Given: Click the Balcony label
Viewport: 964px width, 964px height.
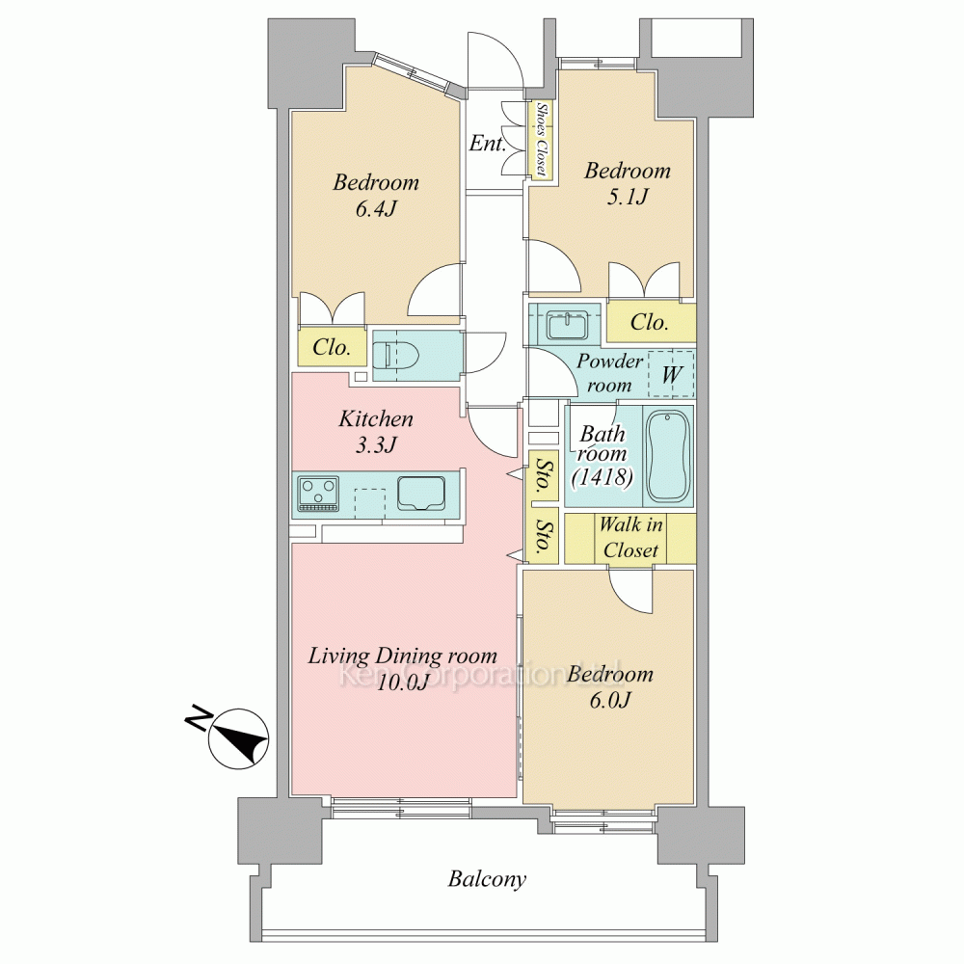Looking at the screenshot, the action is tap(487, 879).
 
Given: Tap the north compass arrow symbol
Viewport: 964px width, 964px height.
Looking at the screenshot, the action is tap(238, 738).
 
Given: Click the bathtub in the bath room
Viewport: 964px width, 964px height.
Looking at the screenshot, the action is tap(668, 456).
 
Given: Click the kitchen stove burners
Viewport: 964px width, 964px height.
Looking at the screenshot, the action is tap(318, 493).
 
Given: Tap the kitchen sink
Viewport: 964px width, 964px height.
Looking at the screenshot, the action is tap(422, 493).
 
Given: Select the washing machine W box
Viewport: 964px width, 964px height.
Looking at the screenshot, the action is tap(671, 374).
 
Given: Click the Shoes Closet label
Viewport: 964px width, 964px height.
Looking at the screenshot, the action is tap(542, 139).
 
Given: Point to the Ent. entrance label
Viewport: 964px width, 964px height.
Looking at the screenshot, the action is tap(488, 144).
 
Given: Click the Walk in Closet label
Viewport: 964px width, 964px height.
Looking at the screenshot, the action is tap(630, 537).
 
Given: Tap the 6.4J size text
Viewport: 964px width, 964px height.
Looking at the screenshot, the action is tap(376, 209).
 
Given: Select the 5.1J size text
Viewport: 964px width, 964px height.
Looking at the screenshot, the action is tap(628, 197).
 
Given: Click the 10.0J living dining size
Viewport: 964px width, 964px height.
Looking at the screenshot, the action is tap(402, 683).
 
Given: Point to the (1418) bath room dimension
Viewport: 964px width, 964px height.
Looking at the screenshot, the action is tap(602, 476).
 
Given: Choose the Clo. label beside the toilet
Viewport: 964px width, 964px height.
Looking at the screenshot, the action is tap(332, 347).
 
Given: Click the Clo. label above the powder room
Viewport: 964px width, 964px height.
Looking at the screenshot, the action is tap(649, 322).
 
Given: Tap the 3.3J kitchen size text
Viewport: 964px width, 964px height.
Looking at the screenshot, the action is tap(376, 444).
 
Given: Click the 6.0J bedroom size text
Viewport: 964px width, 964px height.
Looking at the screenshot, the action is tap(610, 700).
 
